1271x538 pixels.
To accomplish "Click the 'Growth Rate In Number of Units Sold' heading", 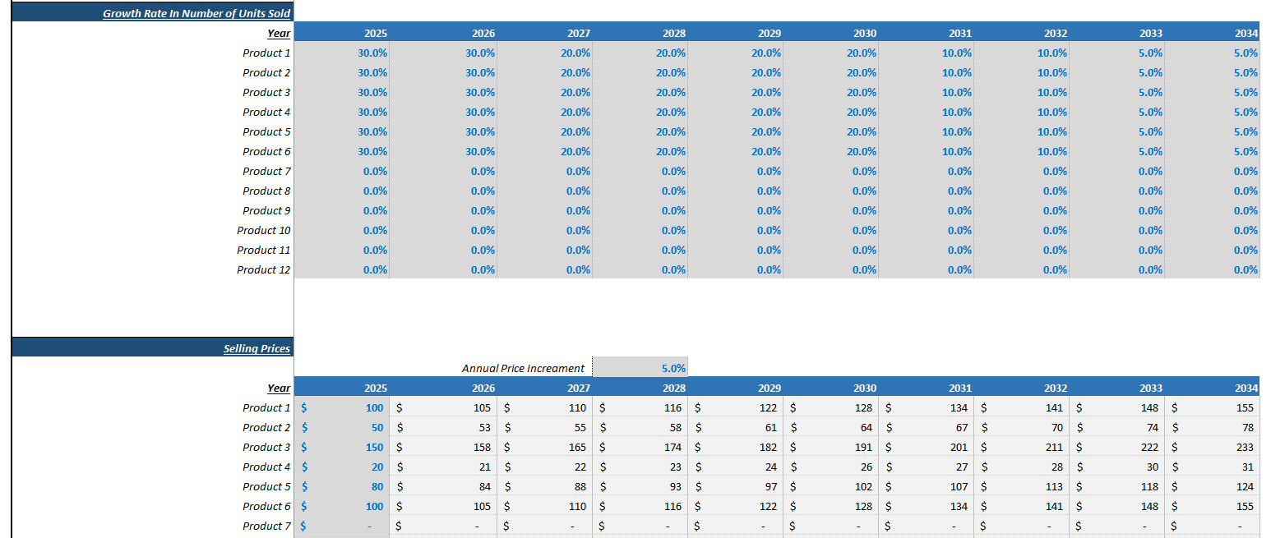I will [196, 13].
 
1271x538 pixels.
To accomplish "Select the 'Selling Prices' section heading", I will [257, 348].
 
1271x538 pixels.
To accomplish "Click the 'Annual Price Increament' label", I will [523, 368].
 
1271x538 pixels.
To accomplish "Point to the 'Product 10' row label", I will [264, 230].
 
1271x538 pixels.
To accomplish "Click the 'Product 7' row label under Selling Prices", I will [266, 526].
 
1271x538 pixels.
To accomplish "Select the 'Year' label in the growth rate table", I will [279, 33].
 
